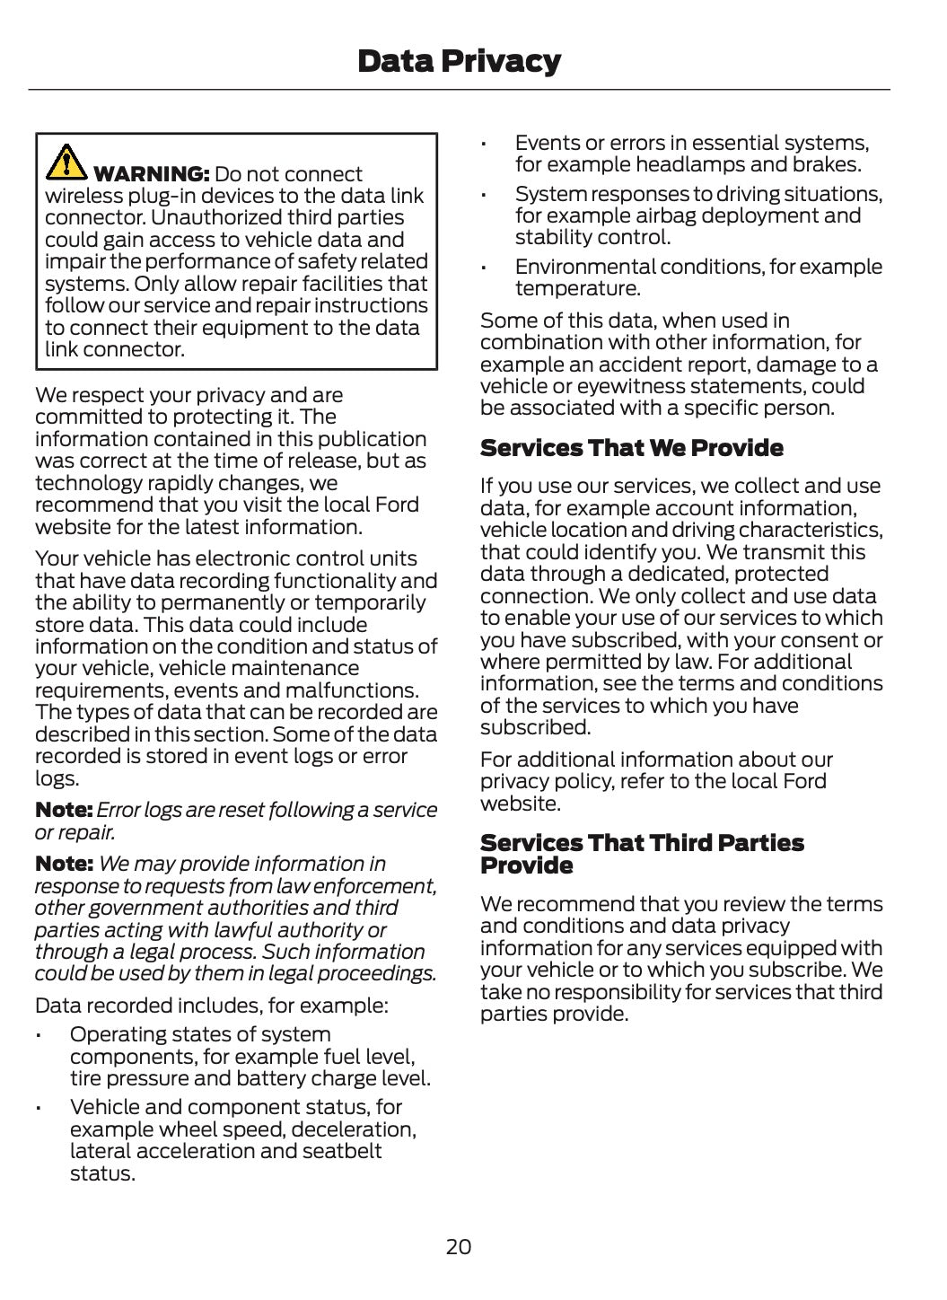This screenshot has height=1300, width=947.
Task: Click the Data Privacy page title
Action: [459, 61]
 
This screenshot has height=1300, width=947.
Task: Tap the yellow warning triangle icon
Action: [66, 162]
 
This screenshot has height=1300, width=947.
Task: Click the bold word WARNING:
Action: [152, 174]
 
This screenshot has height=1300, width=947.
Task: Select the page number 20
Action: [458, 1247]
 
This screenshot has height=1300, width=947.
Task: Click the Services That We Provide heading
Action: [631, 448]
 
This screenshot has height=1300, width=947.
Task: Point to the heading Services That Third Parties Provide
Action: [641, 854]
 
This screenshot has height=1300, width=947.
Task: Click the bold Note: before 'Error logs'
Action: [64, 810]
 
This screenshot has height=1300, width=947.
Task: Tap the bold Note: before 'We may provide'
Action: [64, 864]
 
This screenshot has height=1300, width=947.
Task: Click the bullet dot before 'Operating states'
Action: [38, 1036]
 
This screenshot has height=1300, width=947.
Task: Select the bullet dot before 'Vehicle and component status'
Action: [38, 1109]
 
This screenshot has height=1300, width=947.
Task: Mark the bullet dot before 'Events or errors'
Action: [483, 144]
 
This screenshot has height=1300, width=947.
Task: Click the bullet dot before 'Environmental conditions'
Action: [483, 268]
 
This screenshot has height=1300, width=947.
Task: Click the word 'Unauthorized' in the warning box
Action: [218, 218]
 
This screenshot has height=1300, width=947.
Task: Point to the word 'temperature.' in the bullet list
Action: [577, 289]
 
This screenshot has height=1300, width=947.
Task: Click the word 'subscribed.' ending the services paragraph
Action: [535, 728]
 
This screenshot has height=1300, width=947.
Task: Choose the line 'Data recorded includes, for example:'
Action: [211, 1005]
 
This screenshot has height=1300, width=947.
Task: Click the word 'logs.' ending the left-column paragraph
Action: [57, 779]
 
